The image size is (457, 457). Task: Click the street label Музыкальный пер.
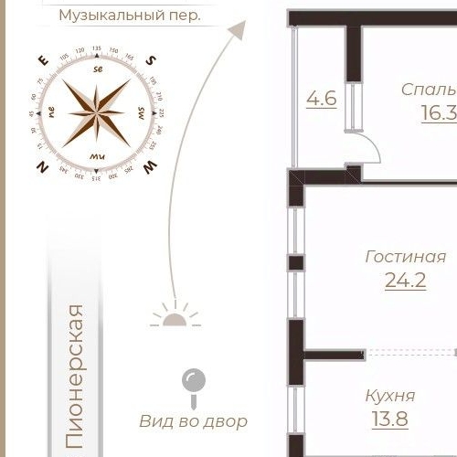point(130,16)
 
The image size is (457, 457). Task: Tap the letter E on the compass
point(42,60)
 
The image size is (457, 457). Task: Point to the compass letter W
point(151,165)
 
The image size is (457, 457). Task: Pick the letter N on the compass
point(41,166)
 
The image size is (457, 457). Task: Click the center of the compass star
point(96,112)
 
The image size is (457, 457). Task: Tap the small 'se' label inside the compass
point(98,69)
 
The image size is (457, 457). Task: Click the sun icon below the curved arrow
point(175,316)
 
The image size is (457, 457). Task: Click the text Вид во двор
point(194,421)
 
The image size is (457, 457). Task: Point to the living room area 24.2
point(405,281)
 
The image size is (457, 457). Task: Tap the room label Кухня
point(390,396)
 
